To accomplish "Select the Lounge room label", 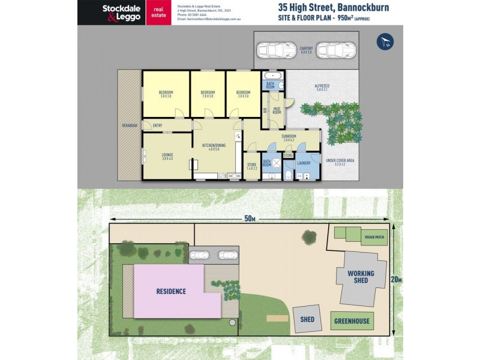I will click(167, 155).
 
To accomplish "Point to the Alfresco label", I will click(322, 88).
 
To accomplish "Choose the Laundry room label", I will click(304, 163).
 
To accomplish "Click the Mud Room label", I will click(277, 110).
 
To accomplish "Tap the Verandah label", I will click(130, 125).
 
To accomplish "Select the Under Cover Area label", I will click(340, 162).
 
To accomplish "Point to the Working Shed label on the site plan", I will click(361, 277).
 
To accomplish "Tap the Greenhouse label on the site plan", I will click(353, 321).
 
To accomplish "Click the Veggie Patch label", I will click(374, 238).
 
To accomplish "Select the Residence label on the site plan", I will click(171, 292).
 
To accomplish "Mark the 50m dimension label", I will click(249, 218).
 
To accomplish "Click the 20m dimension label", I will click(397, 280).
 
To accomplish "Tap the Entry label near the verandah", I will click(158, 125).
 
